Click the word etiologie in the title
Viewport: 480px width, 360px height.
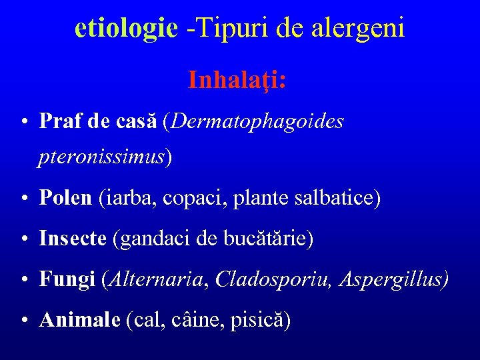click(126, 28)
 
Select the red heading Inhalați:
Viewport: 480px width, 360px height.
click(237, 80)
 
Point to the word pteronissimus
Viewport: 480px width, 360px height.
click(102, 157)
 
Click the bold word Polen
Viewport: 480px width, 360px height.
click(65, 198)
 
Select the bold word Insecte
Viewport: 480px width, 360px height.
click(73, 239)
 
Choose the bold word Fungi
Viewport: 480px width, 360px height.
click(67, 280)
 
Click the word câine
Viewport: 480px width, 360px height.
click(194, 321)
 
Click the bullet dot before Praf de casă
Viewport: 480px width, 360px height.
click(23, 123)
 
